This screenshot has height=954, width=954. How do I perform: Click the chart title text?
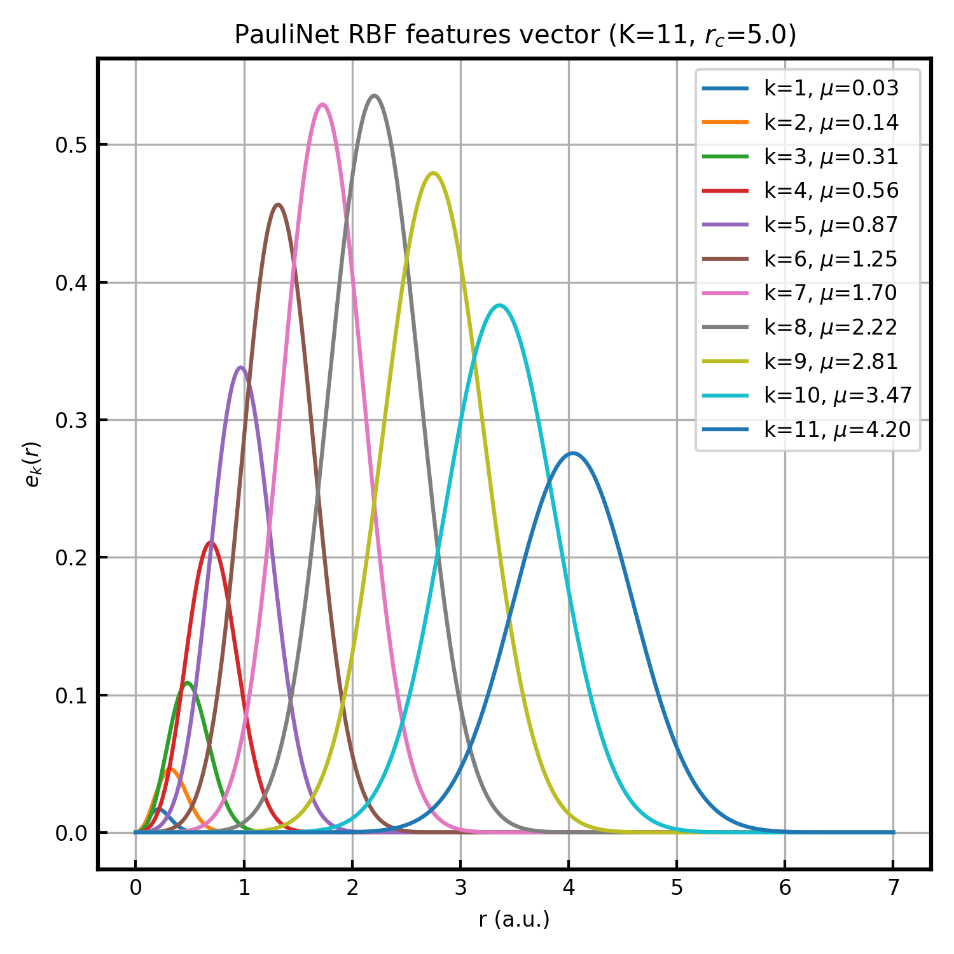click(515, 36)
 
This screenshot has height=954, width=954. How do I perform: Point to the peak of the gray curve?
click(375, 96)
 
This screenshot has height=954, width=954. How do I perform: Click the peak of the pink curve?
click(323, 104)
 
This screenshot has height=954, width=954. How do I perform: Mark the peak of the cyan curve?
click(500, 305)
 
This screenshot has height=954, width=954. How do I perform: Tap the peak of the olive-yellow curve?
click(434, 173)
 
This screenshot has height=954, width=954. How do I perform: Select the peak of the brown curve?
click(278, 204)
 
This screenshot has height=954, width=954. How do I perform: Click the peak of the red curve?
click(210, 542)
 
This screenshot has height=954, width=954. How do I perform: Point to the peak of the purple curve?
click(240, 367)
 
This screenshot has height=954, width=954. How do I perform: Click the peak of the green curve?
click(187, 683)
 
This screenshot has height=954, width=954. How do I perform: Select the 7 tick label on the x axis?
click(894, 887)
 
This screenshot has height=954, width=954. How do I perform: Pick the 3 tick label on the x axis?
click(460, 887)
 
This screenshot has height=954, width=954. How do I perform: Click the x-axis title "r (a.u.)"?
click(514, 920)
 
